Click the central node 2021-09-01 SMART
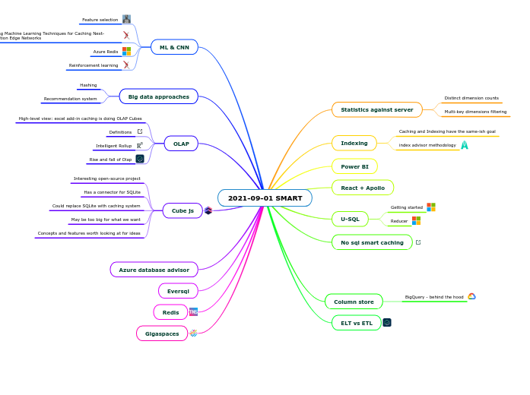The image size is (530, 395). pyautogui.click(x=265, y=198)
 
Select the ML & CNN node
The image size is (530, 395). pyautogui.click(x=174, y=47)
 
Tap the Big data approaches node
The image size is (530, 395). pyautogui.click(x=158, y=96)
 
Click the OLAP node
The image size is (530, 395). pyautogui.click(x=181, y=144)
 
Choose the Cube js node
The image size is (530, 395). pyautogui.click(x=182, y=210)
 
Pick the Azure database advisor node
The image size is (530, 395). pyautogui.click(x=154, y=270)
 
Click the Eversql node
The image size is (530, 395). pyautogui.click(x=178, y=291)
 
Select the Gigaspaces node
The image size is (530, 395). pyautogui.click(x=161, y=333)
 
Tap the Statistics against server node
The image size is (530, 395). pyautogui.click(x=376, y=109)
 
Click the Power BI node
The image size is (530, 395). pyautogui.click(x=354, y=166)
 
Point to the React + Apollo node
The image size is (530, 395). pyautogui.click(x=363, y=187)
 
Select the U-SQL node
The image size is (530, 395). pyautogui.click(x=350, y=220)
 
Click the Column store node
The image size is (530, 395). pyautogui.click(x=354, y=302)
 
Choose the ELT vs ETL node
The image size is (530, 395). pyautogui.click(x=356, y=323)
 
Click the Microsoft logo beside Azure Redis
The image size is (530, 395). pyautogui.click(x=127, y=51)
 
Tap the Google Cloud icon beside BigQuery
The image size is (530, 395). pyautogui.click(x=471, y=296)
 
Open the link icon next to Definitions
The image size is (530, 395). pyautogui.click(x=140, y=131)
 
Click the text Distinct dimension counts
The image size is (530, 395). pyautogui.click(x=471, y=98)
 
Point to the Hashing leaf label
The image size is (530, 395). pyautogui.click(x=88, y=85)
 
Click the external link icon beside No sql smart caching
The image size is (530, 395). pyautogui.click(x=418, y=242)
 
